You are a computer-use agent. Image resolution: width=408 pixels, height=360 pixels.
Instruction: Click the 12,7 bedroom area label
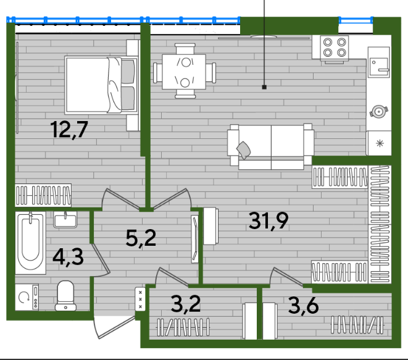(69, 130)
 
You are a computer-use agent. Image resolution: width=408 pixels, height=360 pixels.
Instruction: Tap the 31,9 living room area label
(269, 220)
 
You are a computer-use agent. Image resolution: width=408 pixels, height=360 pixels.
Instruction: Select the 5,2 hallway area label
(141, 238)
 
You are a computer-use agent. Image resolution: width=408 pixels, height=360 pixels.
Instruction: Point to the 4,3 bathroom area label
(68, 257)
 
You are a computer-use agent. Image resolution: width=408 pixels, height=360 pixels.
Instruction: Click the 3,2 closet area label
(186, 304)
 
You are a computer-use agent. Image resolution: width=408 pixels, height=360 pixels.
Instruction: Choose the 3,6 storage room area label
(304, 305)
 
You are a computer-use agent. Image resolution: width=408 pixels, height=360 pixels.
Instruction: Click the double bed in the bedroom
(101, 85)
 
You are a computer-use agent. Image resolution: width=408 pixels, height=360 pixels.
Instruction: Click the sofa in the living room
(270, 147)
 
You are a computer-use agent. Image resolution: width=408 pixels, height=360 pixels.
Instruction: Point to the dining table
(184, 72)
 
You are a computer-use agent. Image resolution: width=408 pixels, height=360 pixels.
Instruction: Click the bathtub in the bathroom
(30, 243)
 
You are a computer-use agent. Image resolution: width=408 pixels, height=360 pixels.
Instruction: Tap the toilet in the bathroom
(65, 296)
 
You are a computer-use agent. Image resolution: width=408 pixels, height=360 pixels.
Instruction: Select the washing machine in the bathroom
(27, 297)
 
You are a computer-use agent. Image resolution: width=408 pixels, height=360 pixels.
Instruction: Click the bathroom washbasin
(65, 220)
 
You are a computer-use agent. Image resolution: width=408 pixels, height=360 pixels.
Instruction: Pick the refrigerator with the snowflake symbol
(379, 143)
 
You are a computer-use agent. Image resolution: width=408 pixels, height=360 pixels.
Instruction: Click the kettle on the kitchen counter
(379, 111)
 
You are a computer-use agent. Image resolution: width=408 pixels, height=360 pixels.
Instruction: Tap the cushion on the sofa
(244, 150)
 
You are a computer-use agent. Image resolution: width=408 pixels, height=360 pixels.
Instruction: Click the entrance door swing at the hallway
(113, 327)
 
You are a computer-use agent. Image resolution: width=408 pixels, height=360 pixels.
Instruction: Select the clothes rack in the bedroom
(43, 195)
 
